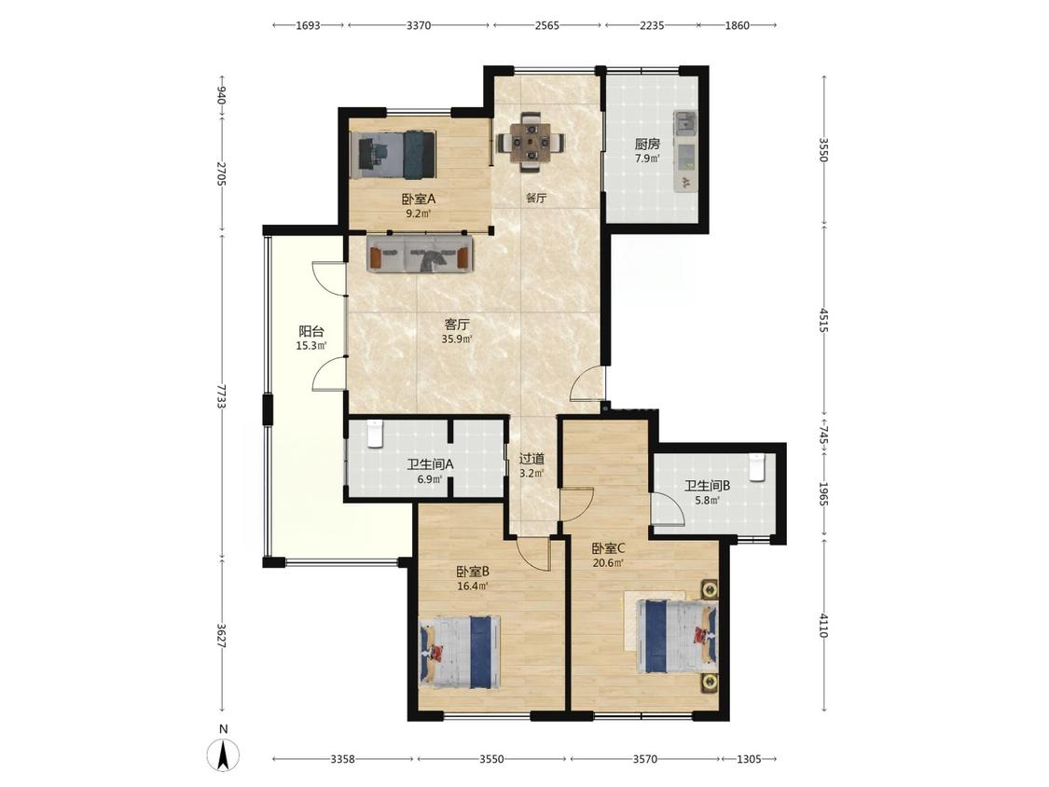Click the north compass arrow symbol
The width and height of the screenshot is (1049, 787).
pos(225,755)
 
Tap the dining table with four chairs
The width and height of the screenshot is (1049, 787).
pos(531,142)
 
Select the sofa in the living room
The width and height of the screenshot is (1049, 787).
pos(421,254)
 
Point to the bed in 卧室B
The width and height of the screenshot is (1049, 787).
pos(461,653)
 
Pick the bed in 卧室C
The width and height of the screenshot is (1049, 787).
pos(677,636)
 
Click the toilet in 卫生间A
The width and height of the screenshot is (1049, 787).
pos(375,434)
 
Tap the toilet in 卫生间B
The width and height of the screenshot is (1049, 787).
pos(756,467)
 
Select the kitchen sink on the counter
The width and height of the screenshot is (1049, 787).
pos(685,123)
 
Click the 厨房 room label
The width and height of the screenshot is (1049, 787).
pos(647,144)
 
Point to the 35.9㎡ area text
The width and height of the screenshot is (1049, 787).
pos(457,339)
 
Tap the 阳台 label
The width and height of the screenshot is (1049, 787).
pos(311,331)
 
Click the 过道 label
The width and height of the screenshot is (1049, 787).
pos(531,459)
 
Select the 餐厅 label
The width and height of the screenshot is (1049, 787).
pos(536,198)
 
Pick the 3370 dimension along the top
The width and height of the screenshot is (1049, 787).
pos(418,25)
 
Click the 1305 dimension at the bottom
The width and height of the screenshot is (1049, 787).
pos(749,759)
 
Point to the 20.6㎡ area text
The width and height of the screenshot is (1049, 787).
pos(608,563)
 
